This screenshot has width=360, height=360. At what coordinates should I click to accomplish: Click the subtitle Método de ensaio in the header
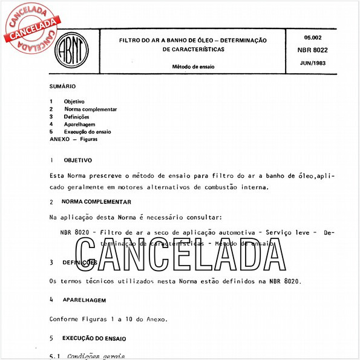pyautogui.click(x=194, y=66)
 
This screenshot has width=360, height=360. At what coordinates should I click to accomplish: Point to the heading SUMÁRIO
pyautogui.click(x=62, y=87)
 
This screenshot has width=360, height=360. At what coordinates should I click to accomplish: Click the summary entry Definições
pyautogui.click(x=76, y=116)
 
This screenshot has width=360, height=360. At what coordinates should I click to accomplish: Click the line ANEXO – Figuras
pyautogui.click(x=73, y=139)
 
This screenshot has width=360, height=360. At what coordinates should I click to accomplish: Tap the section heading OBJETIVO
pyautogui.click(x=77, y=160)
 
